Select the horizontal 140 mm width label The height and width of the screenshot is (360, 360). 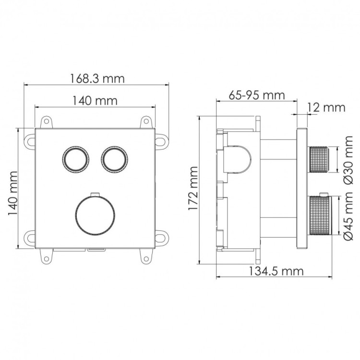tap(95, 101)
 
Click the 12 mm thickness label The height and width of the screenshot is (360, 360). tap(326, 107)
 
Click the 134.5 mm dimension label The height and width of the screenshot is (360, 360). tap(276, 271)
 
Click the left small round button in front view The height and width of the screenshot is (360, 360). tap(75, 157)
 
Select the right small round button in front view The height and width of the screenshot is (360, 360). tap(113, 157)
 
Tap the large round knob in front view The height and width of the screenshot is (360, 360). tap(95, 215)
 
